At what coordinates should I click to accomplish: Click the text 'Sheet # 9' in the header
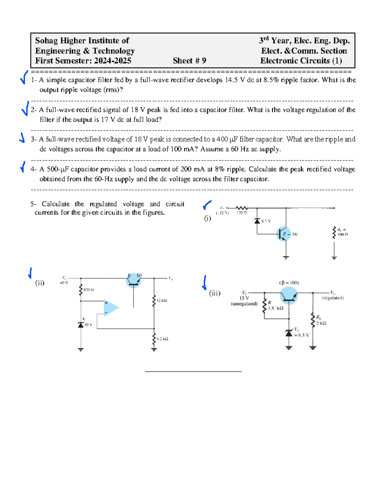(x=189, y=61)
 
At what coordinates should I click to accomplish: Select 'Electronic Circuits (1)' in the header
(x=301, y=61)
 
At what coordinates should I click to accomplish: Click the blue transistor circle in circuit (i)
(x=284, y=234)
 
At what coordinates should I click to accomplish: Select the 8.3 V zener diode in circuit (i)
(x=257, y=221)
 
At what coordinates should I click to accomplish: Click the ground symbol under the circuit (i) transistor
(x=286, y=257)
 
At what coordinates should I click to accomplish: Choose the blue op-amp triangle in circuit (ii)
(x=111, y=308)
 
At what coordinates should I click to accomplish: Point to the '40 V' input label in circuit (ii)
(x=64, y=283)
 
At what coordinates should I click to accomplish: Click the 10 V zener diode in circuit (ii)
(x=81, y=325)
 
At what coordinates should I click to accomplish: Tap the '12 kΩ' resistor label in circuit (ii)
(x=161, y=300)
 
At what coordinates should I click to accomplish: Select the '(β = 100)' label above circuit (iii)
(x=289, y=283)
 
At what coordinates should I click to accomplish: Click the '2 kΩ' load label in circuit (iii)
(x=321, y=323)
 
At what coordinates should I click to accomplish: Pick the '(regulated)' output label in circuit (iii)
(x=333, y=298)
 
